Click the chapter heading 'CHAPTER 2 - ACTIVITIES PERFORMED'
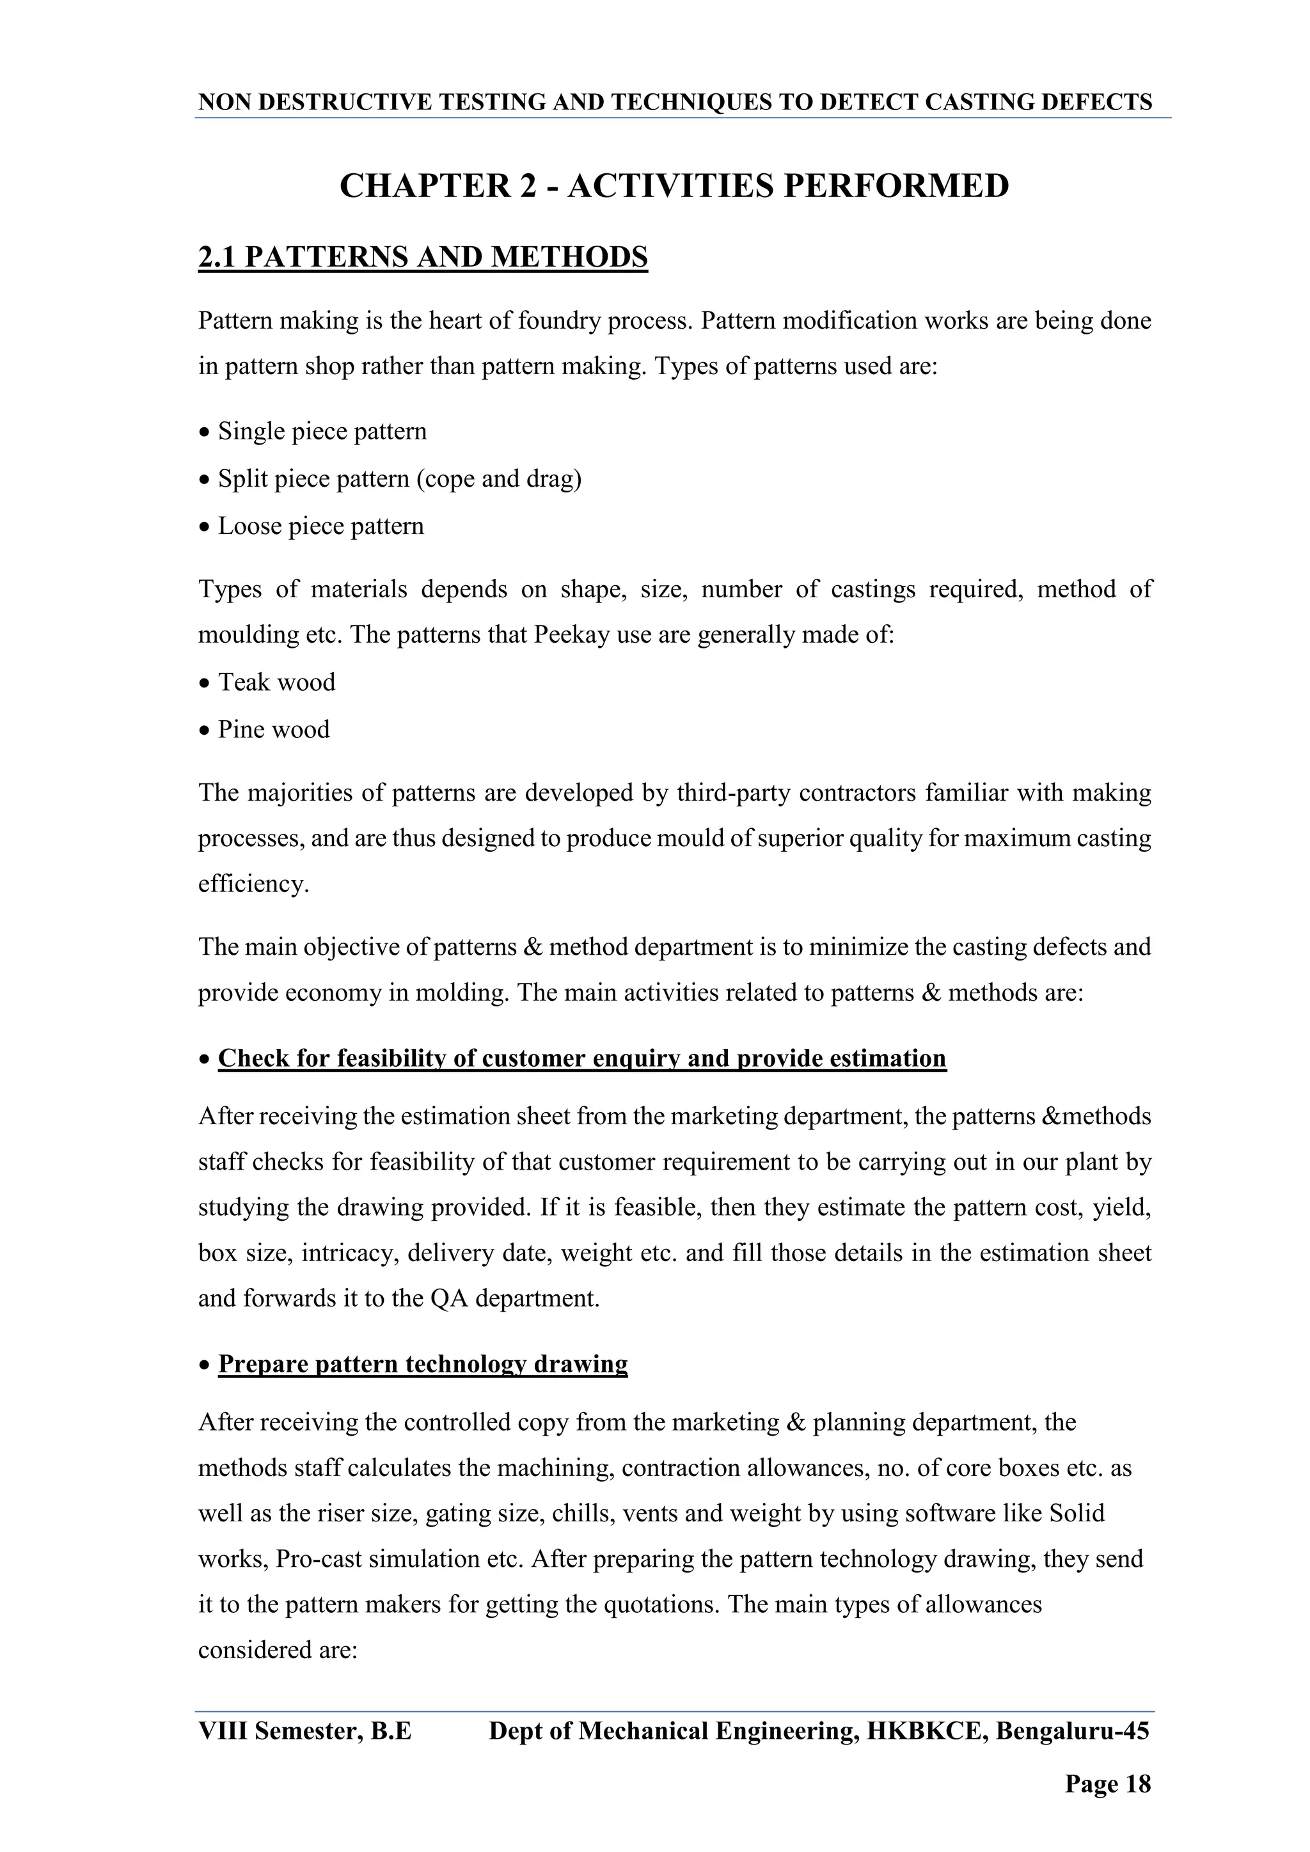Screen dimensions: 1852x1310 coord(674,186)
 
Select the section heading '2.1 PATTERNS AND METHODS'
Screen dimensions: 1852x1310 coord(423,257)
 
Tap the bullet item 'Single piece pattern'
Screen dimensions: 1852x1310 coord(322,432)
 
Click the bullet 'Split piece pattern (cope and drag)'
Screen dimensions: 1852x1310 coord(399,479)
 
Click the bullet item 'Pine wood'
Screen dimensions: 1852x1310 coord(274,730)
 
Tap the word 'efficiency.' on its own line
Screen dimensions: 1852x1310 coord(253,884)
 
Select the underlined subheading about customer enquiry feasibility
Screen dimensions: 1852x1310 coord(581,1058)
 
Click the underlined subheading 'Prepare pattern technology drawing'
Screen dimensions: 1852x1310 coord(423,1364)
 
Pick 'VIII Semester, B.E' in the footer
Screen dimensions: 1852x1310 coord(305,1731)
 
